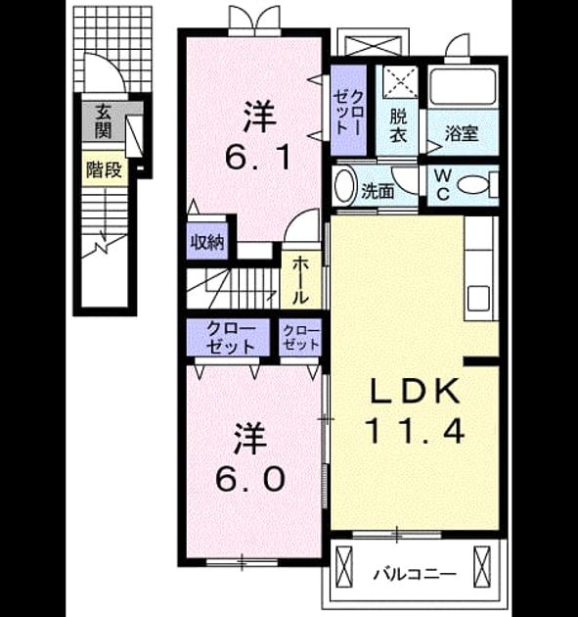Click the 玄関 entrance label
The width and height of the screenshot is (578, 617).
click(104, 121)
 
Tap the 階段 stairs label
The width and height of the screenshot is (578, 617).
click(104, 170)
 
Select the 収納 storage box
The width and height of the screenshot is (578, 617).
click(207, 242)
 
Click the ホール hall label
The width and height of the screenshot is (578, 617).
click(300, 280)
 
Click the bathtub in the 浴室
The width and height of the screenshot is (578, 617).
click(463, 86)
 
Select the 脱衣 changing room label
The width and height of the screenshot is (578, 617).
click(398, 125)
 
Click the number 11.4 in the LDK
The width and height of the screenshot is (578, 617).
click(415, 431)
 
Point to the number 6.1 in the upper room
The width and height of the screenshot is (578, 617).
click(258, 157)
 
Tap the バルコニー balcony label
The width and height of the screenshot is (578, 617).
click(415, 575)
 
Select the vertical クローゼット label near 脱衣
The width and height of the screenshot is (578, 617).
click(348, 113)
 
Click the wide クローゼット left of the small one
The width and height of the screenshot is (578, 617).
click(231, 337)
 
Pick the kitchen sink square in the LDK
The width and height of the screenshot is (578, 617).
click(478, 299)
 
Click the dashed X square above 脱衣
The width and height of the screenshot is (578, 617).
click(400, 81)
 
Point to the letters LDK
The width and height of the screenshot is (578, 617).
click(415, 391)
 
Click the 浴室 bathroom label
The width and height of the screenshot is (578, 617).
click(462, 134)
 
